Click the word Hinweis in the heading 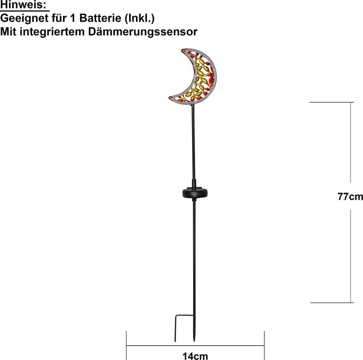(x=24, y=6)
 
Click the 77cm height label (x=350, y=196)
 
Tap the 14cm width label (x=195, y=356)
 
